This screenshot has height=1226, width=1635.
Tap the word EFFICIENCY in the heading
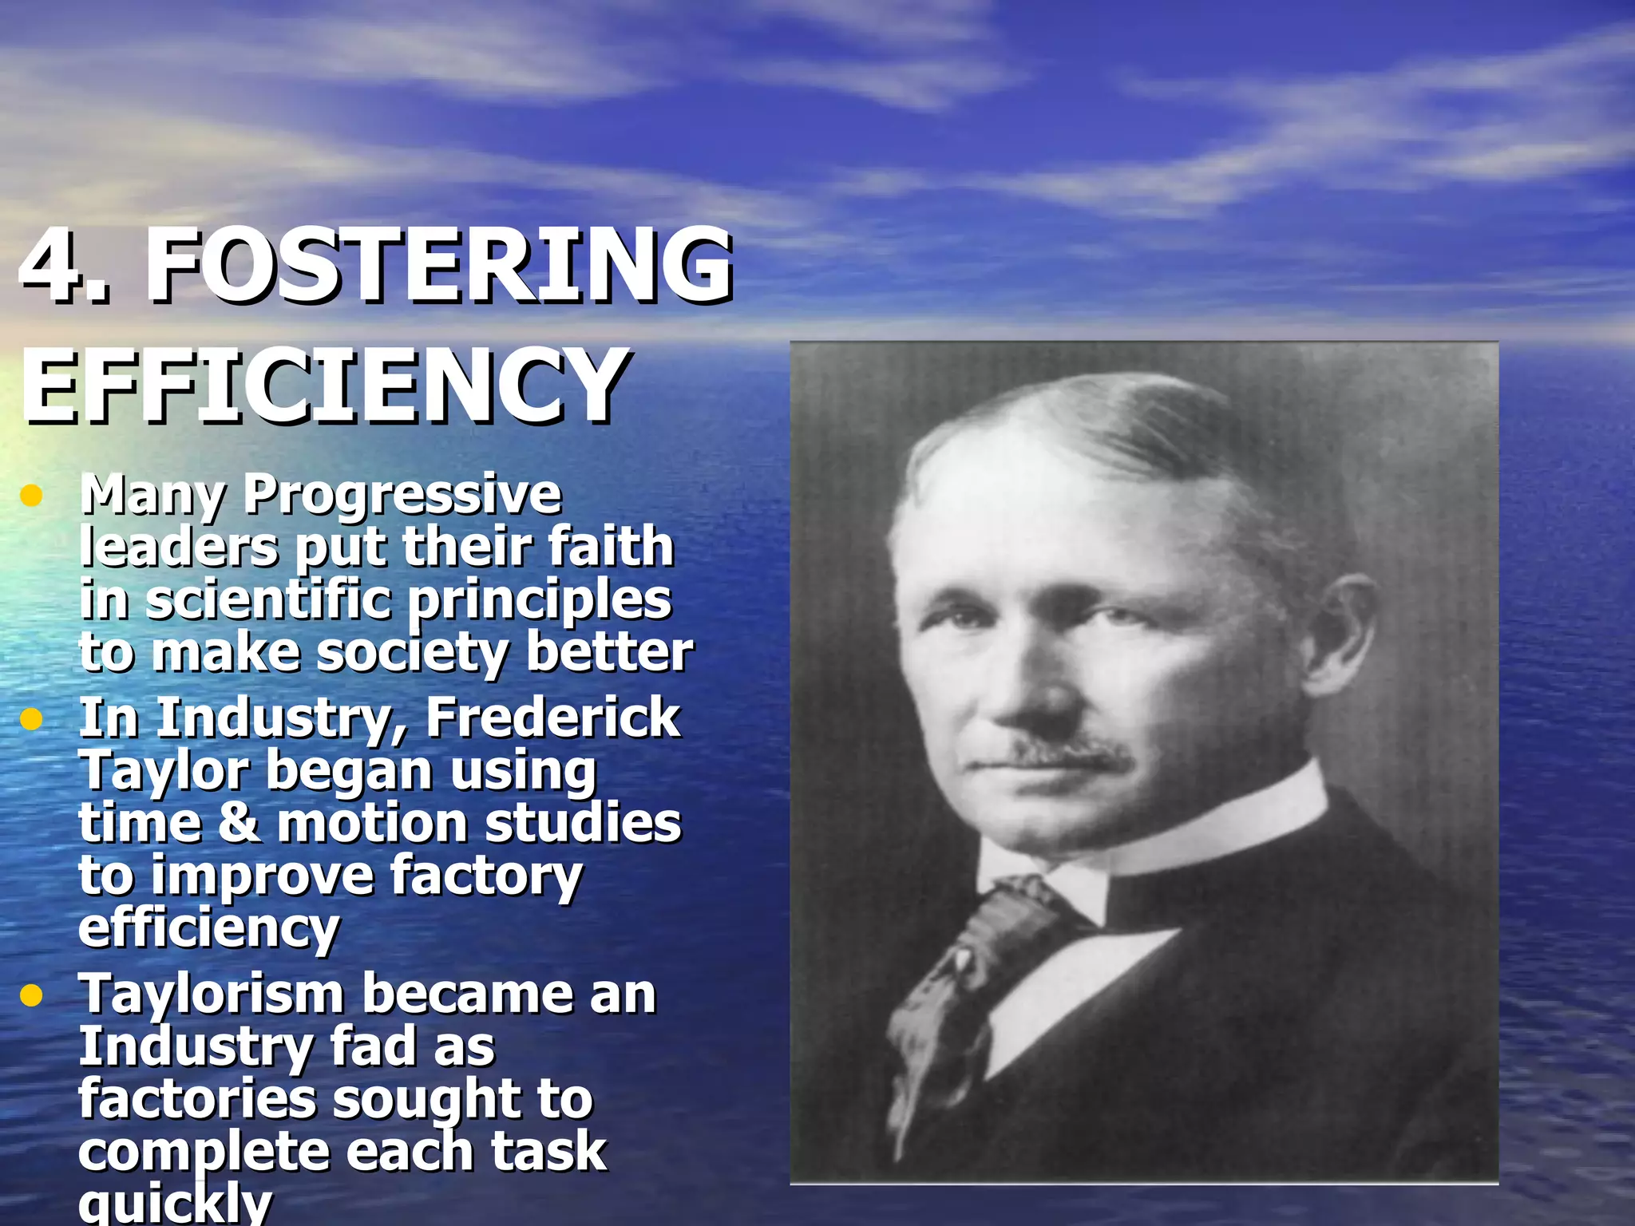[x=323, y=386]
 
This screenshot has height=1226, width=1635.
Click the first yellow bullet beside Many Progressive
[x=31, y=496]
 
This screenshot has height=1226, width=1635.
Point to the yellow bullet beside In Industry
[x=31, y=719]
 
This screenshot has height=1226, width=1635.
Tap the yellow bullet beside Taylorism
[x=31, y=995]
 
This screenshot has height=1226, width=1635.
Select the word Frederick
[x=552, y=718]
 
